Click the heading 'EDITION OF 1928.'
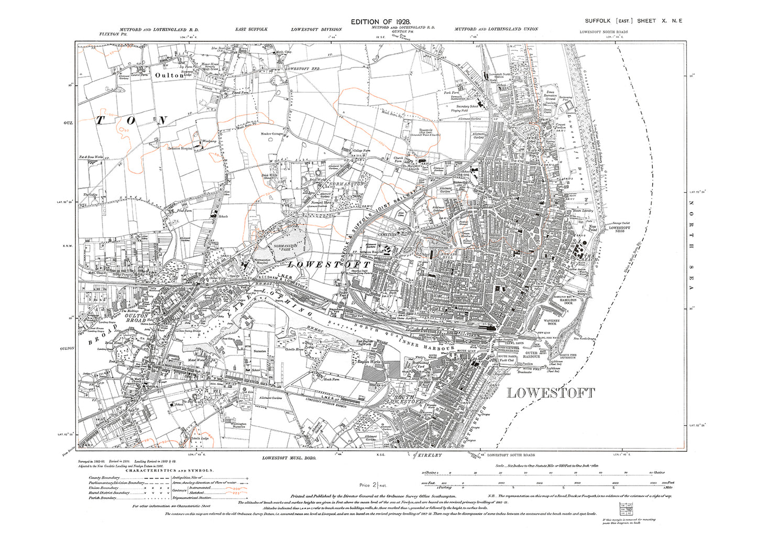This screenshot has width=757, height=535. (381, 21)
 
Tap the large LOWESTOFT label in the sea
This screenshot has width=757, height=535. (551, 393)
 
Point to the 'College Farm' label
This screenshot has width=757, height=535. (360, 151)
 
